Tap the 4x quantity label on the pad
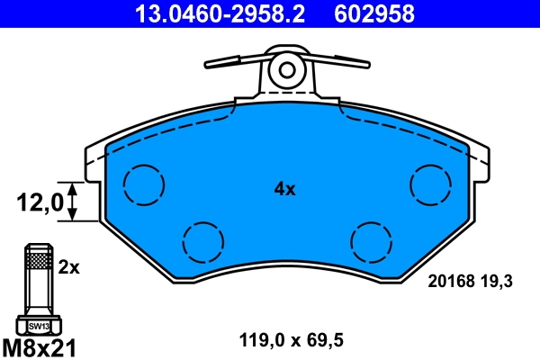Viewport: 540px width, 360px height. (x=284, y=189)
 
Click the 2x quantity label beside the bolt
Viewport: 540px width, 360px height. (x=69, y=267)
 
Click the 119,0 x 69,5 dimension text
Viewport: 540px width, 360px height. (x=292, y=340)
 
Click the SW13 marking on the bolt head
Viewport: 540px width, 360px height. (x=38, y=326)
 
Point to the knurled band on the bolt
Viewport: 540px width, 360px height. (x=38, y=262)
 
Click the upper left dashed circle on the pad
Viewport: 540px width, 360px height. (x=144, y=184)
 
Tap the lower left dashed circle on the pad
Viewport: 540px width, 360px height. (x=202, y=240)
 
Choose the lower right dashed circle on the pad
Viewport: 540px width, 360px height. (x=371, y=240)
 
